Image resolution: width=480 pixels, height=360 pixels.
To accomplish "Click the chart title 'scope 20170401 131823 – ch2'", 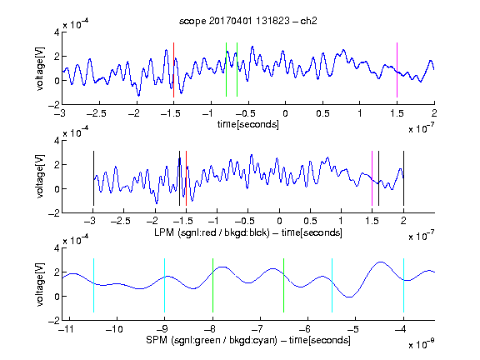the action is (x=248, y=21).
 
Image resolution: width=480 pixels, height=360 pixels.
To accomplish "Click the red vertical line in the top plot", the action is (x=174, y=70).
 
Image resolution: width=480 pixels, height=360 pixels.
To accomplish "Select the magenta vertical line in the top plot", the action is (x=397, y=70).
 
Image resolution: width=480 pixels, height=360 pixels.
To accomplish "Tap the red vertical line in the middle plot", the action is (x=186, y=178).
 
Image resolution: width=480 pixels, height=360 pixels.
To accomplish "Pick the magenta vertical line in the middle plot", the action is (x=372, y=178).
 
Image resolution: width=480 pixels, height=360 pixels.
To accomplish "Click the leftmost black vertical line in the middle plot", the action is (x=93, y=178).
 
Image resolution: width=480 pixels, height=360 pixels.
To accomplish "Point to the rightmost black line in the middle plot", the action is (x=403, y=178).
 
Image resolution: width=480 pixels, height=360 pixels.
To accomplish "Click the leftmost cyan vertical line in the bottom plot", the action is (x=93, y=285).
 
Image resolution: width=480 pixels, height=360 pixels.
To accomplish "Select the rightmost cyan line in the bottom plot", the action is (x=403, y=285).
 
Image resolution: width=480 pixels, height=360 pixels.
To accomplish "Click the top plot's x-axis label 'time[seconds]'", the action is (x=248, y=124).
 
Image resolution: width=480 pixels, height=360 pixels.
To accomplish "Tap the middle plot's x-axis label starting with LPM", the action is (x=248, y=232).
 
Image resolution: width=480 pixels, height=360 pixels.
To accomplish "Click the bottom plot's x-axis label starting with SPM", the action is (x=248, y=340).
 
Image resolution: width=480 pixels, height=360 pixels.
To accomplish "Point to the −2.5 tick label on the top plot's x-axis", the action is (x=97, y=113).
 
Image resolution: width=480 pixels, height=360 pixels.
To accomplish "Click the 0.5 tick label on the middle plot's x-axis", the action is (x=310, y=221).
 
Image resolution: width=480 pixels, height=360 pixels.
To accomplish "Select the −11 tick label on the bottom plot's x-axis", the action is (x=67, y=329).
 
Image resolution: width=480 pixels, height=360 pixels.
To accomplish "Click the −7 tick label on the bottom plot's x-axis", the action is (x=257, y=329).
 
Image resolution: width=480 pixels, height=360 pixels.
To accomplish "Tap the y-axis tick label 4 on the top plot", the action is (x=57, y=32).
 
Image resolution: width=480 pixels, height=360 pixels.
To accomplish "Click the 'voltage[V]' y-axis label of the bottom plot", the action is (x=40, y=284).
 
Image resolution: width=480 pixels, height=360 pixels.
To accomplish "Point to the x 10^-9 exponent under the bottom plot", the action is (x=421, y=344).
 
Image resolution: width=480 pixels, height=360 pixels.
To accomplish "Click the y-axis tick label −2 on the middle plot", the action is (x=53, y=213).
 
